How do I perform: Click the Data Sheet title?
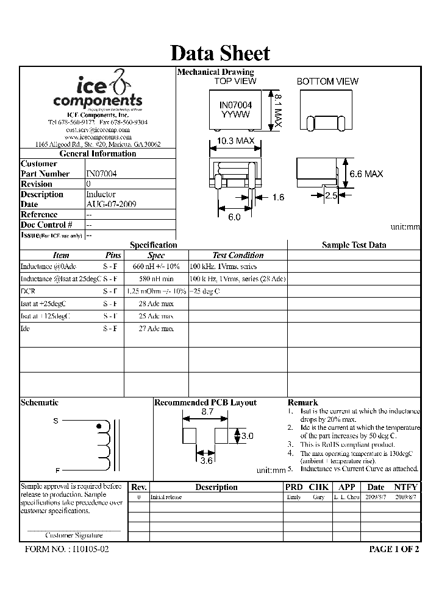click(220, 54)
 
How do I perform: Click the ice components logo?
click(98, 92)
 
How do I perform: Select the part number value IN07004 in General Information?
click(101, 173)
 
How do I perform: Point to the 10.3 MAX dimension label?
click(235, 141)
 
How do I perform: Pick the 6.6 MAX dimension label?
click(366, 173)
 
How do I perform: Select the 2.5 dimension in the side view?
click(330, 195)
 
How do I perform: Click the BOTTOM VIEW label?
click(327, 82)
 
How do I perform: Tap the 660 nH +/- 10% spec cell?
click(156, 267)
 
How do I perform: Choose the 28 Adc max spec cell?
click(156, 304)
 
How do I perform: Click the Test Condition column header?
click(238, 256)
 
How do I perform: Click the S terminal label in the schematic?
click(55, 421)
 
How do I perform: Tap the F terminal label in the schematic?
click(57, 470)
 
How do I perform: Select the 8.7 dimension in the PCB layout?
click(207, 412)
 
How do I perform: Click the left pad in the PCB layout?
click(188, 436)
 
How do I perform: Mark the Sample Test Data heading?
click(354, 245)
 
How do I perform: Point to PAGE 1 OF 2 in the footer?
click(394, 548)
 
